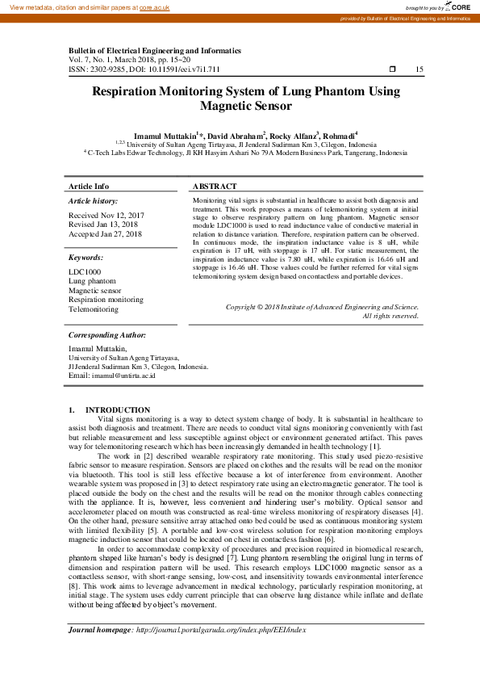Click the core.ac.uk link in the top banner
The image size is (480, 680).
click(155, 6)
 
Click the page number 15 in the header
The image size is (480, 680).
click(419, 69)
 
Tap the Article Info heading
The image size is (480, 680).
click(89, 187)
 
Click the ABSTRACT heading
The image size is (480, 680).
click(215, 187)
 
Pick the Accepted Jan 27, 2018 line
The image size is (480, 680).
click(106, 234)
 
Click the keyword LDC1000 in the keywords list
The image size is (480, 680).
click(86, 272)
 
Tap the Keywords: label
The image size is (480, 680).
click(86, 258)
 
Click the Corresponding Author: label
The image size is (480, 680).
click(106, 334)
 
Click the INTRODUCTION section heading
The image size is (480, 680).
click(118, 410)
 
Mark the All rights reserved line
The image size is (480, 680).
click(391, 316)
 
